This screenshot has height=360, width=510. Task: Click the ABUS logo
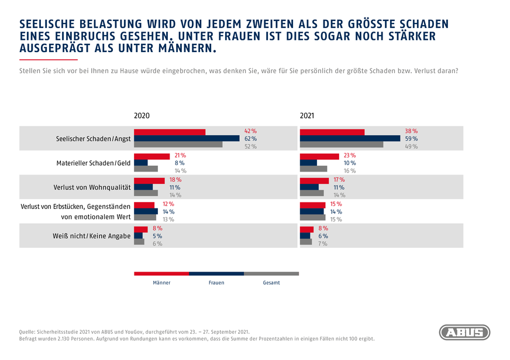pos(464,332)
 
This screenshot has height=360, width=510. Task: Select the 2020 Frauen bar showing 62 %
pos(187,139)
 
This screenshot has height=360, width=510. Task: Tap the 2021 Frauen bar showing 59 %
pos(350,139)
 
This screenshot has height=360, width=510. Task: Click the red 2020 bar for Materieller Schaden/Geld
pos(151,156)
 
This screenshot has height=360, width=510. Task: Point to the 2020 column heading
pos(142,116)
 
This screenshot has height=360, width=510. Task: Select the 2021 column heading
pos(307,116)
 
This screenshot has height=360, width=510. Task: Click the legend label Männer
pos(161,283)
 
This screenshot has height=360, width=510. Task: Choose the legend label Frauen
pos(216,283)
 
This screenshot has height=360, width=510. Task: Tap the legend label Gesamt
pos(271,283)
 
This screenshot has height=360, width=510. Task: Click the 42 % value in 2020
pos(250,131)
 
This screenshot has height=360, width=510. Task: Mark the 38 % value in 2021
pos(411,131)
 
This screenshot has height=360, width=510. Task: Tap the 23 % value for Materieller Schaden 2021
pos(350,156)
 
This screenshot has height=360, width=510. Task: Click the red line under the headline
pos(48,60)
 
